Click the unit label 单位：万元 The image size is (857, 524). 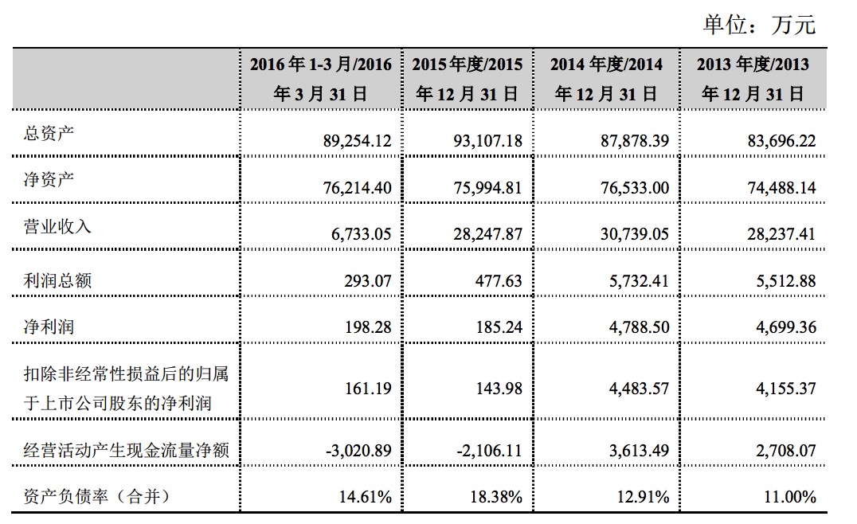(758, 24)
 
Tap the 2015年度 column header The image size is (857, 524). (467, 79)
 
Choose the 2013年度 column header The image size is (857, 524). (752, 79)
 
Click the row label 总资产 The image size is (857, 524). (49, 133)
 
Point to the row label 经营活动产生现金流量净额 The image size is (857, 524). (127, 451)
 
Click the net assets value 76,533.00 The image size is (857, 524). (629, 188)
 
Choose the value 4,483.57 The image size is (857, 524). (635, 389)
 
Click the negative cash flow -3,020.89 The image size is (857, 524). (358, 451)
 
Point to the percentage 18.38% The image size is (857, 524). (497, 497)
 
